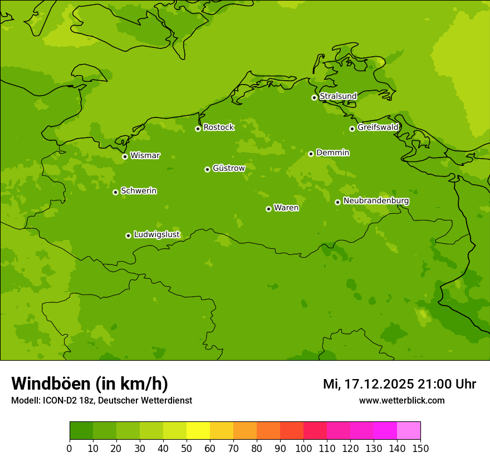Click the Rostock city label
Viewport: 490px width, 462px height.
(x=218, y=127)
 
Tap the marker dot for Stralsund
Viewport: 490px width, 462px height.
(x=314, y=97)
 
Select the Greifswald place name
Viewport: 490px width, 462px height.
(x=378, y=127)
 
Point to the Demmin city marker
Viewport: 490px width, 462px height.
(x=311, y=154)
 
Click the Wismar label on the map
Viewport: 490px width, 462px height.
(x=145, y=155)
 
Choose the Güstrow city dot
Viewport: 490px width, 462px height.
(x=207, y=169)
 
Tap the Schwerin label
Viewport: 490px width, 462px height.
(x=139, y=191)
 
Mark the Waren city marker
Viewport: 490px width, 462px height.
(x=268, y=209)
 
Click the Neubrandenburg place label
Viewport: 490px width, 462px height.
(x=376, y=201)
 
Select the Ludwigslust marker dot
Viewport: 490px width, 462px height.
(x=128, y=235)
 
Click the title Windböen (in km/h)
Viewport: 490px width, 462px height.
(x=90, y=384)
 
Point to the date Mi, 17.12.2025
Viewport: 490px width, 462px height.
(x=368, y=384)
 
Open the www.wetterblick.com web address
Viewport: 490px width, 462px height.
(x=401, y=401)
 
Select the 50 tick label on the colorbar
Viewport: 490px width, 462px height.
(x=187, y=448)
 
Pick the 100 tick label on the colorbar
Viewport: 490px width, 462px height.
(x=303, y=448)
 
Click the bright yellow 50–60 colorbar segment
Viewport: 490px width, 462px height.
(x=198, y=431)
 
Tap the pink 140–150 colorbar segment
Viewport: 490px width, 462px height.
(x=409, y=431)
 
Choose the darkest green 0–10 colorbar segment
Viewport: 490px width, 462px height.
(x=81, y=431)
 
